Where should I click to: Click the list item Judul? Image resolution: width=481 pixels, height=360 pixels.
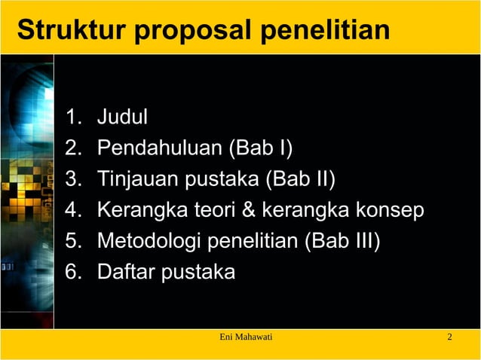[x=122, y=117]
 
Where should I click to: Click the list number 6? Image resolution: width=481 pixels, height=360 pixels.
[x=72, y=272]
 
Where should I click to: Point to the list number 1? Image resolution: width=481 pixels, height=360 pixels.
[x=72, y=117]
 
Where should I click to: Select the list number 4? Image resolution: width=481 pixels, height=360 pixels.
[x=72, y=210]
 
